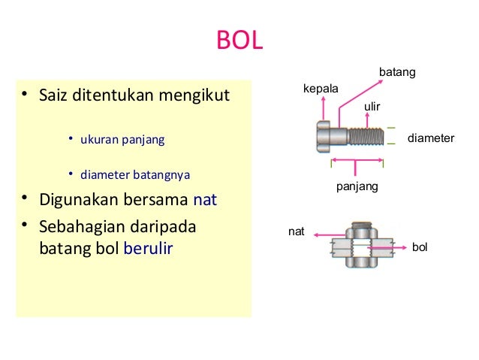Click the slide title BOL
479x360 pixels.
point(239,41)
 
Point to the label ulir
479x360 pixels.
point(372,107)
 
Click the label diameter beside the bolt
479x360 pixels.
point(431,139)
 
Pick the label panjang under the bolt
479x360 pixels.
point(357,185)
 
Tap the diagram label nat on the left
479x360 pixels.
point(297,232)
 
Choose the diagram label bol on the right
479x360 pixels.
point(420,247)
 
